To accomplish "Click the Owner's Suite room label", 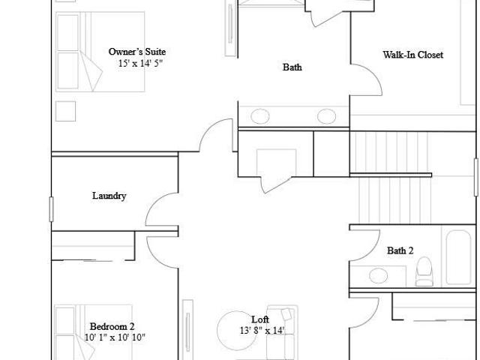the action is point(137,52).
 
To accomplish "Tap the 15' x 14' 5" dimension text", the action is point(140,63).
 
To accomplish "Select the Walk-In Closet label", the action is point(413,55).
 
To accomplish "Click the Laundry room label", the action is point(109,196).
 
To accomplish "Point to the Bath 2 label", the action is point(400,250).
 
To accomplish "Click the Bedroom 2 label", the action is point(112,326).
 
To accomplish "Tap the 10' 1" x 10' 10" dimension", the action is point(115,337).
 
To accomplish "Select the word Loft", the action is point(260,319).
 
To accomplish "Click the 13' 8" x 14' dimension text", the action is point(262,331).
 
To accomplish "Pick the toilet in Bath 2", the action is point(424,271).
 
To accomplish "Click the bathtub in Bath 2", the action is point(458,257).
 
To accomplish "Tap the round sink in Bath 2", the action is point(378,275).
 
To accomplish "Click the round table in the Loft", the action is point(236,331).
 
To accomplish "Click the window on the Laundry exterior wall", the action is point(51,209).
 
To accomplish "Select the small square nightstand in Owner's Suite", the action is point(65,111).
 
